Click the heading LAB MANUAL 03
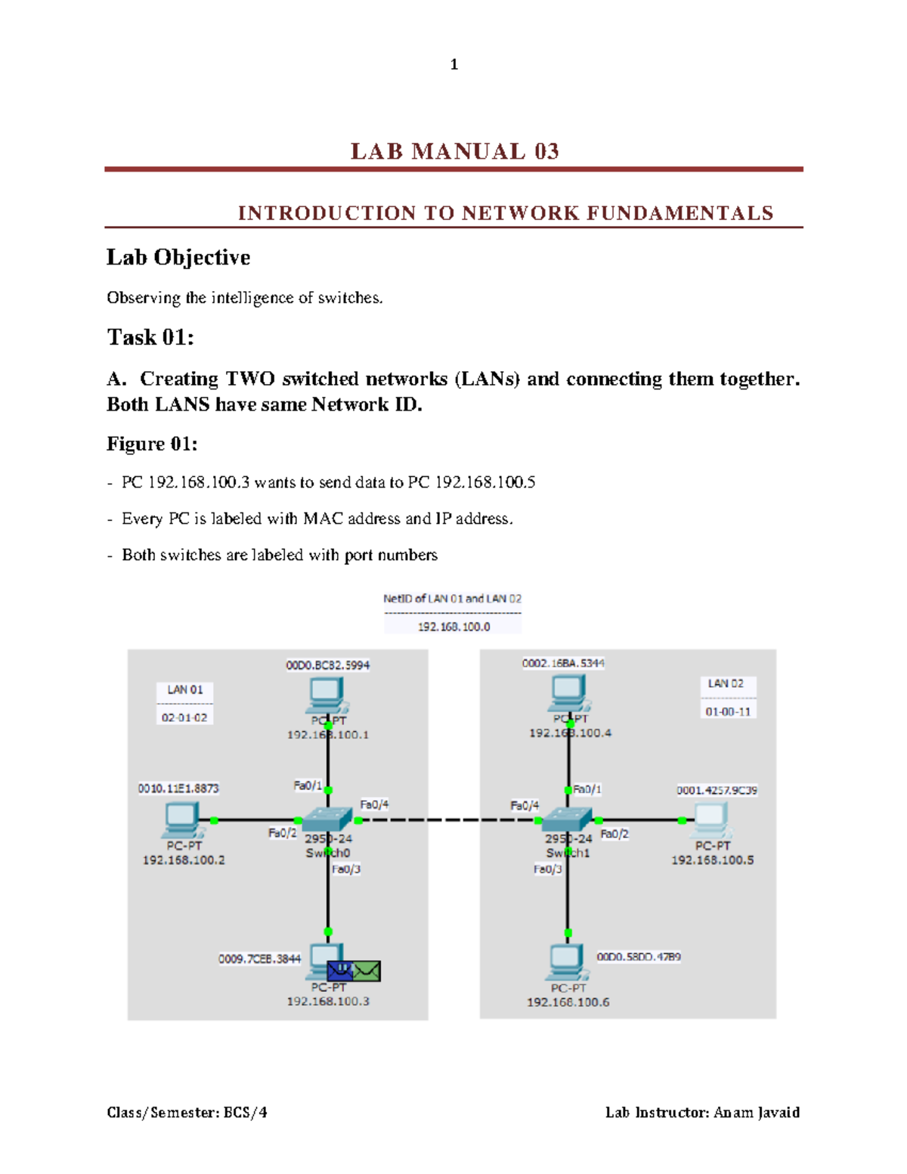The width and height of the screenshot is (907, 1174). pos(454,151)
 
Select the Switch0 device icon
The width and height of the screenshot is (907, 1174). pos(327,819)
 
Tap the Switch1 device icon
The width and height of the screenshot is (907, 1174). pos(568,819)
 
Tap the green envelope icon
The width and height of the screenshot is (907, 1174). pos(367,971)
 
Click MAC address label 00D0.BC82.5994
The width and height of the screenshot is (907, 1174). pos(327,665)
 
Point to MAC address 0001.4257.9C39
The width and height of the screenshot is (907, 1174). pos(717,790)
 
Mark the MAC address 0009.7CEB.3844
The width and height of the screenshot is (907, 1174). pos(259,959)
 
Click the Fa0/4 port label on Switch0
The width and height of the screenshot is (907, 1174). pos(374,804)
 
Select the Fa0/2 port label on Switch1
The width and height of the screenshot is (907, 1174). pos(614,834)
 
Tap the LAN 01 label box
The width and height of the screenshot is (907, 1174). pos(185,689)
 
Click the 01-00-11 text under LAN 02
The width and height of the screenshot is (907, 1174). pos(728,711)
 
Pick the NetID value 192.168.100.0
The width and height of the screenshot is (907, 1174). pos(453,627)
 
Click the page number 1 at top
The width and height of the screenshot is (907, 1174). pos(453,65)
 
